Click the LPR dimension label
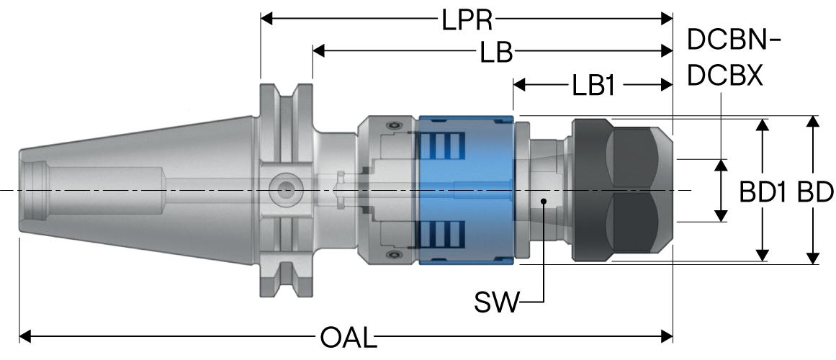[467, 20]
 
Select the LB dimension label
[496, 53]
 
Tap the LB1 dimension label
[594, 85]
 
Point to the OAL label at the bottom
[349, 337]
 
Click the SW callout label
[496, 303]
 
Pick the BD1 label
[763, 192]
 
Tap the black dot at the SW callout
[544, 201]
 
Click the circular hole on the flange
[286, 189]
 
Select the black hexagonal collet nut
[622, 190]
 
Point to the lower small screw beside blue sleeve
[394, 256]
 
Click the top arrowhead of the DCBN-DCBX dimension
[721, 165]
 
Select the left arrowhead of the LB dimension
[319, 51]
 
